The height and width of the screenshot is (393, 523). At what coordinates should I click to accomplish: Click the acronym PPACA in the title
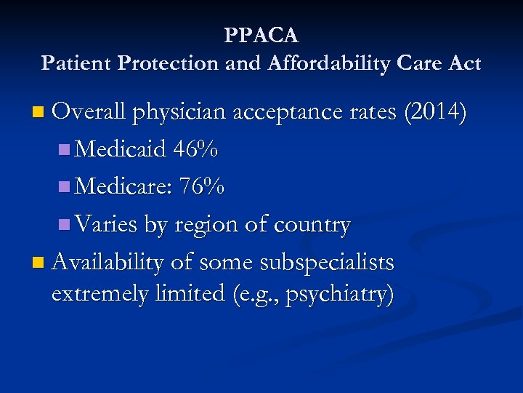click(261, 35)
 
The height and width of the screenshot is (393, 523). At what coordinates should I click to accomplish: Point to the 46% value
click(195, 149)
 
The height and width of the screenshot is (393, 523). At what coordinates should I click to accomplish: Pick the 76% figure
click(203, 187)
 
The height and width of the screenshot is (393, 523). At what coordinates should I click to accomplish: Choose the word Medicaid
click(120, 149)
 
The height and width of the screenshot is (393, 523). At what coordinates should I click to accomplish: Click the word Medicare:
click(123, 187)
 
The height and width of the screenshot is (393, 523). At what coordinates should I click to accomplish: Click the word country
click(312, 226)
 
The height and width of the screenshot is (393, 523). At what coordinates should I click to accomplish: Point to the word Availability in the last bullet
click(108, 262)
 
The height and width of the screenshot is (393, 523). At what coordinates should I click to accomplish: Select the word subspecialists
click(333, 263)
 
